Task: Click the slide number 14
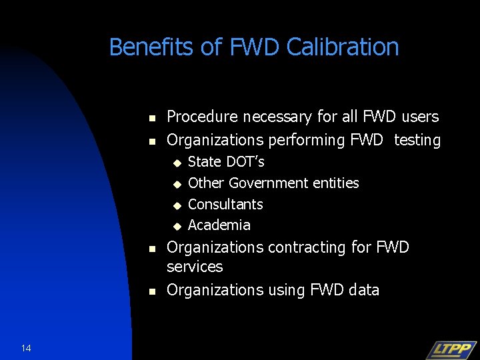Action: tap(26, 348)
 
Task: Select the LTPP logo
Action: tap(451, 349)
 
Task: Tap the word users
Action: tap(420, 117)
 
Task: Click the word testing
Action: tap(417, 140)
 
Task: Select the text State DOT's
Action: tap(226, 162)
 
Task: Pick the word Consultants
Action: tap(225, 204)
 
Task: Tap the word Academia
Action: tap(219, 225)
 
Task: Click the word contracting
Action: tap(311, 247)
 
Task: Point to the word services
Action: tap(195, 267)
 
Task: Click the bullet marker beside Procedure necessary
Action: tap(151, 118)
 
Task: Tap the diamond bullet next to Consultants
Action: tap(177, 205)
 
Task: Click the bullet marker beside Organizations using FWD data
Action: tap(151, 291)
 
